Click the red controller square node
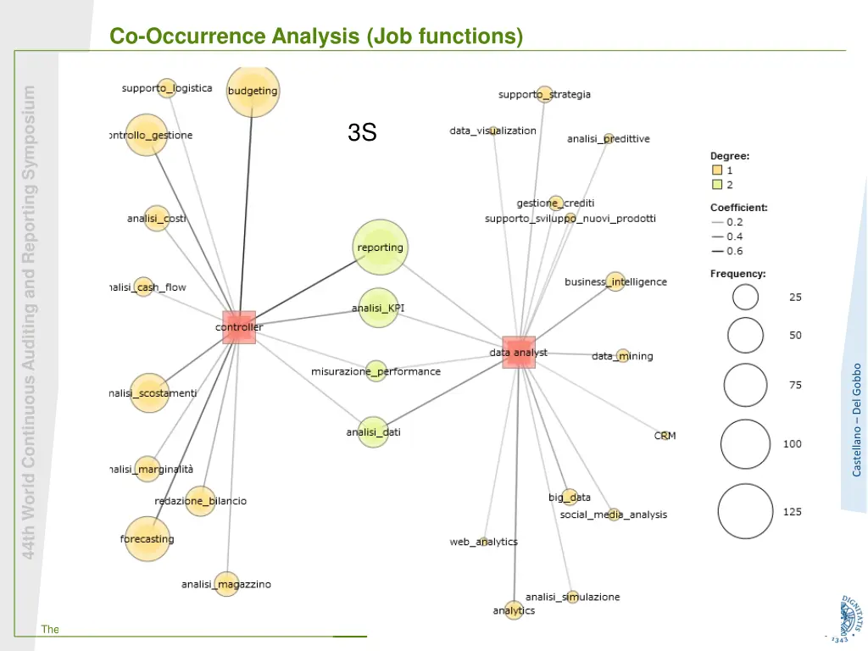239,326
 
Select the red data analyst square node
519,352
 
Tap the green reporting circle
380,248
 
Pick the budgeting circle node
253,91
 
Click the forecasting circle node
147,539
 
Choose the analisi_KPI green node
378,309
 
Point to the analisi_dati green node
373,432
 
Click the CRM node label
665,436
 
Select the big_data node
570,497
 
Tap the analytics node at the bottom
514,610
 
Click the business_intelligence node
615,281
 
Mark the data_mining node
622,356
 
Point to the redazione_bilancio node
200,501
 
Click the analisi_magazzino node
226,584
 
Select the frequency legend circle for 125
746,511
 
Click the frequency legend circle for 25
746,297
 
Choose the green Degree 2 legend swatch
717,185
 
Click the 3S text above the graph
362,132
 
